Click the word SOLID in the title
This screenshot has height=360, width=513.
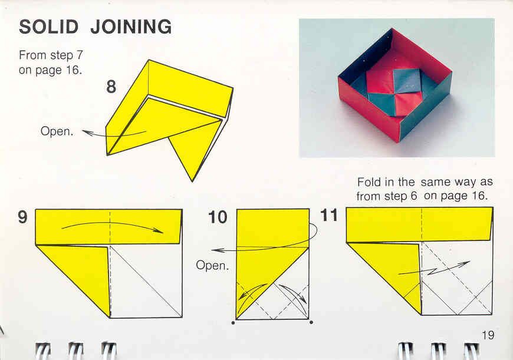[x=49, y=27]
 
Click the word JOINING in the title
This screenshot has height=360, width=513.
[x=131, y=27]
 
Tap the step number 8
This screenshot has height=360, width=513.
[x=111, y=87]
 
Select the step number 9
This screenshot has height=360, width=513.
[x=23, y=217]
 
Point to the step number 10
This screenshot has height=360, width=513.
[x=218, y=217]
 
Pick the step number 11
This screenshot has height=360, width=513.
[x=329, y=215]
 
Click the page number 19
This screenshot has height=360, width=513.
[x=488, y=335]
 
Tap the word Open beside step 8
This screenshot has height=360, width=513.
[x=57, y=131]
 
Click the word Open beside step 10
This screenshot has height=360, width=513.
[x=212, y=265]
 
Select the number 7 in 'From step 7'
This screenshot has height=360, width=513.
[x=80, y=55]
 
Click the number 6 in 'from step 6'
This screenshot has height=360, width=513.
[x=414, y=196]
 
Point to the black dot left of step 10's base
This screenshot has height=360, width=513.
[x=233, y=323]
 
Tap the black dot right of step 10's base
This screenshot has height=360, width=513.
[x=311, y=322]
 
